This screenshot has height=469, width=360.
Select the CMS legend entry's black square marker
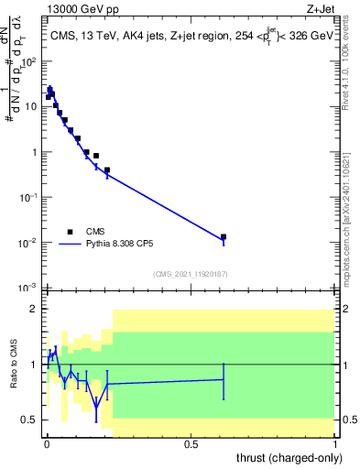(x=70, y=231)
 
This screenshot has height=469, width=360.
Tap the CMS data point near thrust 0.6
(x=224, y=237)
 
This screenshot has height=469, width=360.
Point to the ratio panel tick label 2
(x=35, y=310)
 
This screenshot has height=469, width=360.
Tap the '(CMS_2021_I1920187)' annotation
(x=190, y=274)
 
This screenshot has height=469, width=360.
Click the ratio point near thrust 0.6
(x=224, y=379)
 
